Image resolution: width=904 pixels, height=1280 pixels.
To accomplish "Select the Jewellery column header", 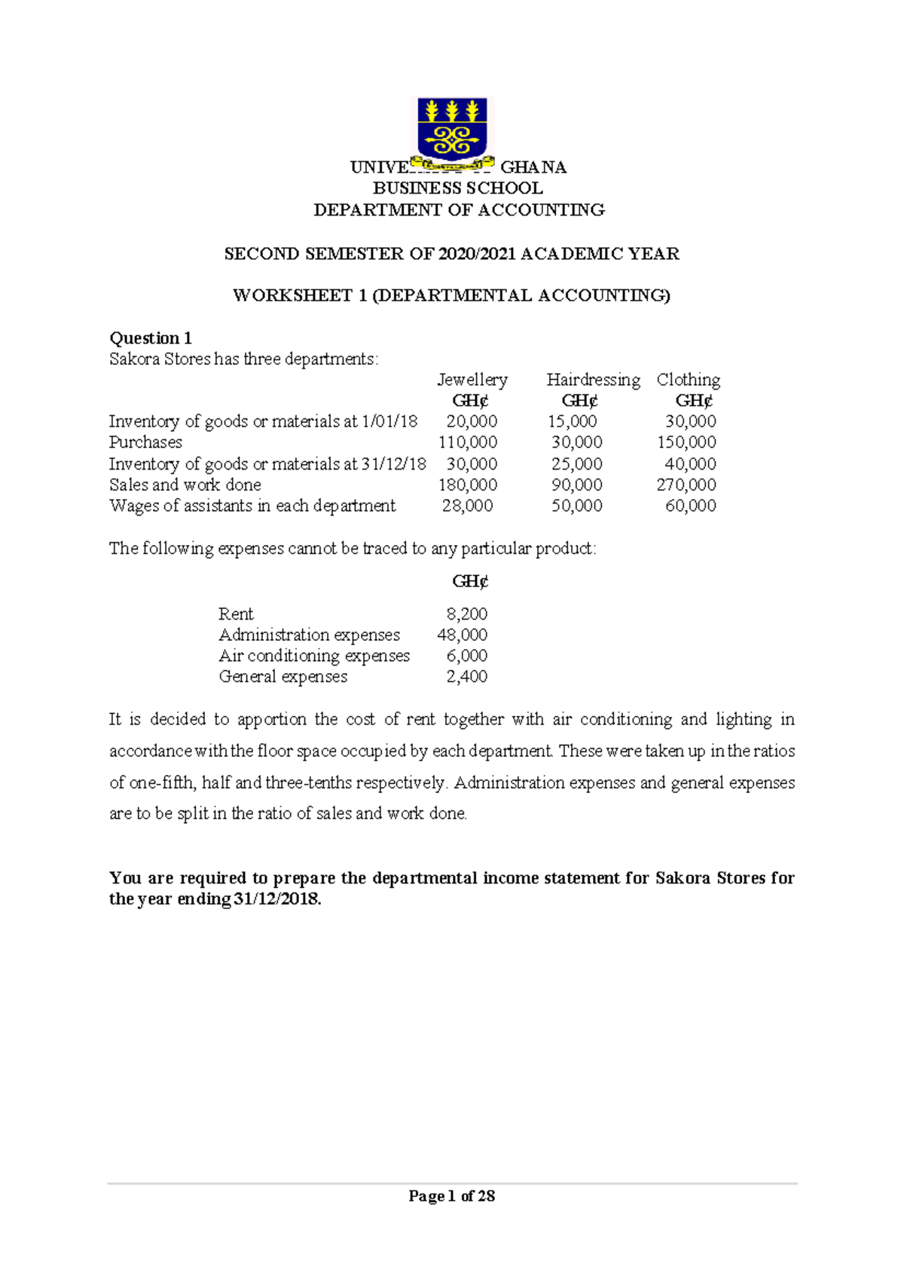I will click(472, 379).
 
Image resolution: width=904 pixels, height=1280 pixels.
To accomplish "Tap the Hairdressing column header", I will click(593, 379).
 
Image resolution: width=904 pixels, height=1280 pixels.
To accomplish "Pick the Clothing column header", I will click(688, 379).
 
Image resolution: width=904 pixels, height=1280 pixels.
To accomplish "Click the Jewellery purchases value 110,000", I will click(467, 442).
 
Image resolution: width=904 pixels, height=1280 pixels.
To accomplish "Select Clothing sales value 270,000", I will click(686, 485).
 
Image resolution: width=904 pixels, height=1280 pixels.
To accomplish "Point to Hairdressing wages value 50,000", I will click(576, 506).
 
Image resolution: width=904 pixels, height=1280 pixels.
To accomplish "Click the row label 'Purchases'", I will click(145, 442).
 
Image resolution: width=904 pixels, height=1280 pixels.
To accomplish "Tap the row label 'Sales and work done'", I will click(185, 485).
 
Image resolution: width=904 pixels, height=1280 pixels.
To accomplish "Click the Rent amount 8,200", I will click(467, 614).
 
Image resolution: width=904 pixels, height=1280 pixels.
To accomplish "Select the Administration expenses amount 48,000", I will click(462, 635).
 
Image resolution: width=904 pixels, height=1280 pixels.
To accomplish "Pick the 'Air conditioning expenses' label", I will click(314, 656).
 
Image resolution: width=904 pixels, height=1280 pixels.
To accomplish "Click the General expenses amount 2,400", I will click(467, 677).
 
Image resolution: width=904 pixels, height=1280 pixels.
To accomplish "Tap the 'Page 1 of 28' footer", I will click(451, 1196).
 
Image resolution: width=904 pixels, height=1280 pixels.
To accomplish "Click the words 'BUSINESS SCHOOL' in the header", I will click(458, 188).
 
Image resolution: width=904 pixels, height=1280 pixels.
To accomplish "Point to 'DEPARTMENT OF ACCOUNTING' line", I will click(459, 210).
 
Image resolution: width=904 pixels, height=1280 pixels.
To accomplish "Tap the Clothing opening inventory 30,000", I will click(690, 421).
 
